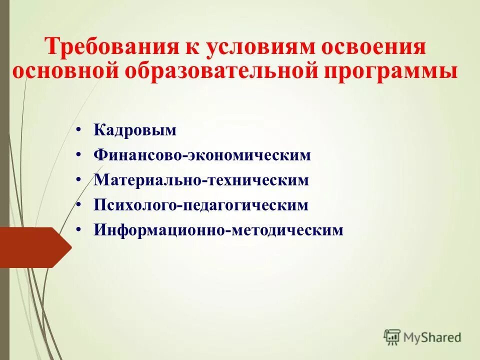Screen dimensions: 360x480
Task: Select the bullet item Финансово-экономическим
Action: (x=202, y=155)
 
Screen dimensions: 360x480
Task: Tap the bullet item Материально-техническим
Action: (x=201, y=180)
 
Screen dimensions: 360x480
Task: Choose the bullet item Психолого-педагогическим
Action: (x=201, y=205)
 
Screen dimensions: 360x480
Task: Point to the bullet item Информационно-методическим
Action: (x=218, y=230)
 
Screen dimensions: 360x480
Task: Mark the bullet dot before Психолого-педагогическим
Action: (x=79, y=204)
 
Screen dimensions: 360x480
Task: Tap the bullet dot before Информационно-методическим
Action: (x=79, y=229)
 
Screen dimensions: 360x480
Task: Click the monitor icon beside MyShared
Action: (x=392, y=337)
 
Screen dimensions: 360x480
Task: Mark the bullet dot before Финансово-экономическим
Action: (x=79, y=154)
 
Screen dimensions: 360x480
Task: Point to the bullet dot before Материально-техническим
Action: (x=79, y=179)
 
